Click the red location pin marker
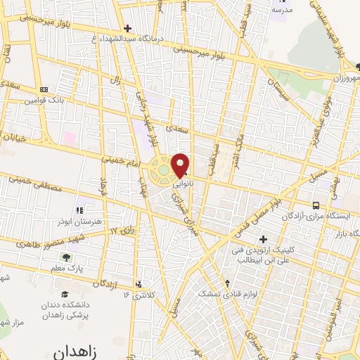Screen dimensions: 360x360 pos(181,165)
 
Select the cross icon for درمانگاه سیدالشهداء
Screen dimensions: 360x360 pos(126,29)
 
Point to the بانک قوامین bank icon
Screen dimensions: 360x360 pos(44,89)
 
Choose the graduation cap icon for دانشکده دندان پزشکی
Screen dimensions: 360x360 pos(65,294)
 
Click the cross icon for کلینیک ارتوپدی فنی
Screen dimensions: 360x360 pos(263,239)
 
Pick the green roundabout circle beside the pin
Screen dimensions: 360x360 pos(163,169)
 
